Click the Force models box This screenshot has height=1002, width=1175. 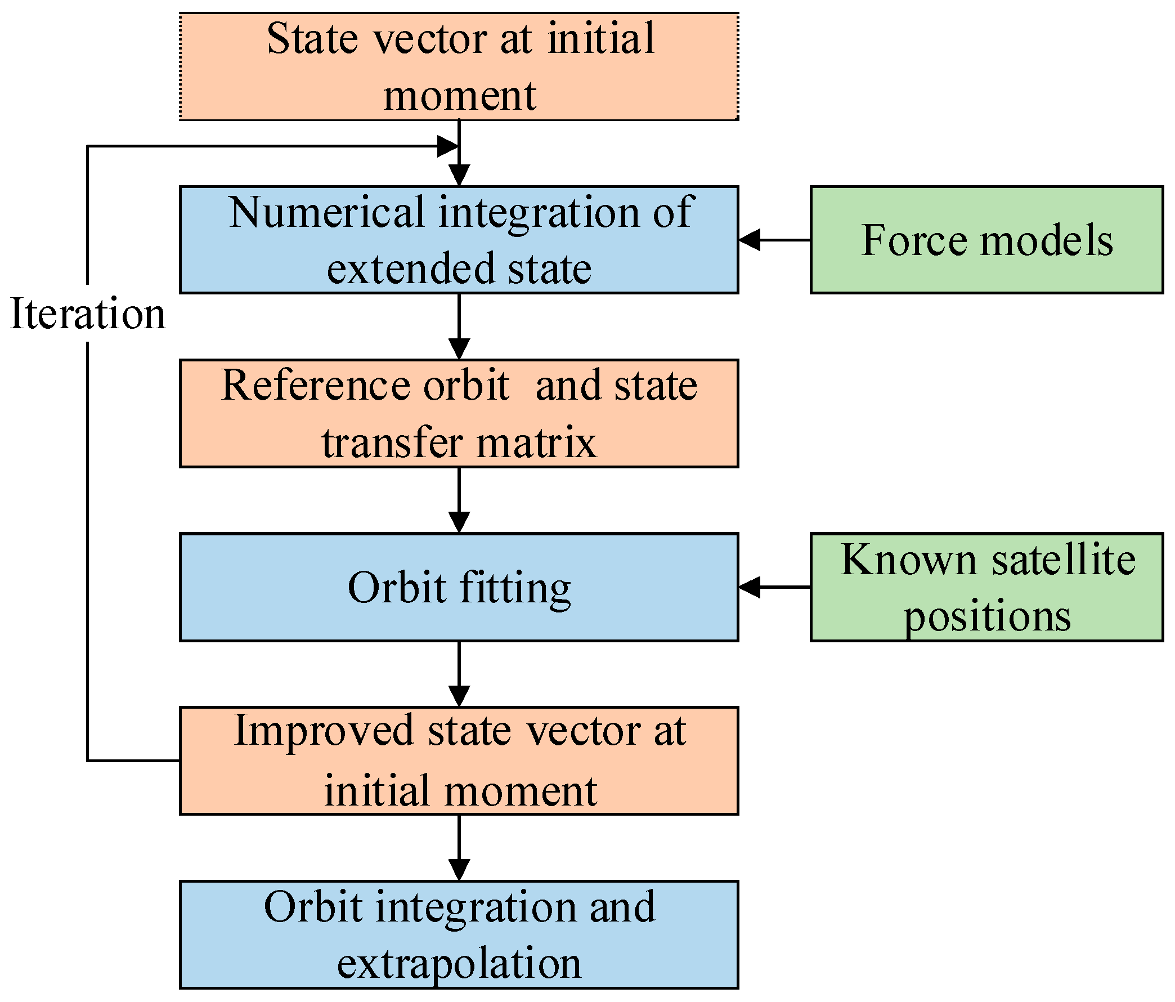[986, 239]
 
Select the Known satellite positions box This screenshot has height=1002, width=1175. [986, 587]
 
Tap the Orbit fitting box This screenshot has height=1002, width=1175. [459, 587]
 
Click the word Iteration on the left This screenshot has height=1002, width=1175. [88, 313]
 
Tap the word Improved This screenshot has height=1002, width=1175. [324, 731]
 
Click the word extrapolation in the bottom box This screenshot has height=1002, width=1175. [459, 963]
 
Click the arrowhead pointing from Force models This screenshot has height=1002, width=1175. [750, 239]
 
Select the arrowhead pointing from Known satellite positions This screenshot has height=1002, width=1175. [750, 587]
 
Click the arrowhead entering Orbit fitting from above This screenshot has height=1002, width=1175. [459, 522]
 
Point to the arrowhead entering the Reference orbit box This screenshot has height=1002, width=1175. [459, 348]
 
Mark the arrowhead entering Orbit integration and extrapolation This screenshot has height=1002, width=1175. [459, 869]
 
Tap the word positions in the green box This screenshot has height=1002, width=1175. [986, 616]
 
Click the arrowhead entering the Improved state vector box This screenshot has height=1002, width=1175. [459, 696]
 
